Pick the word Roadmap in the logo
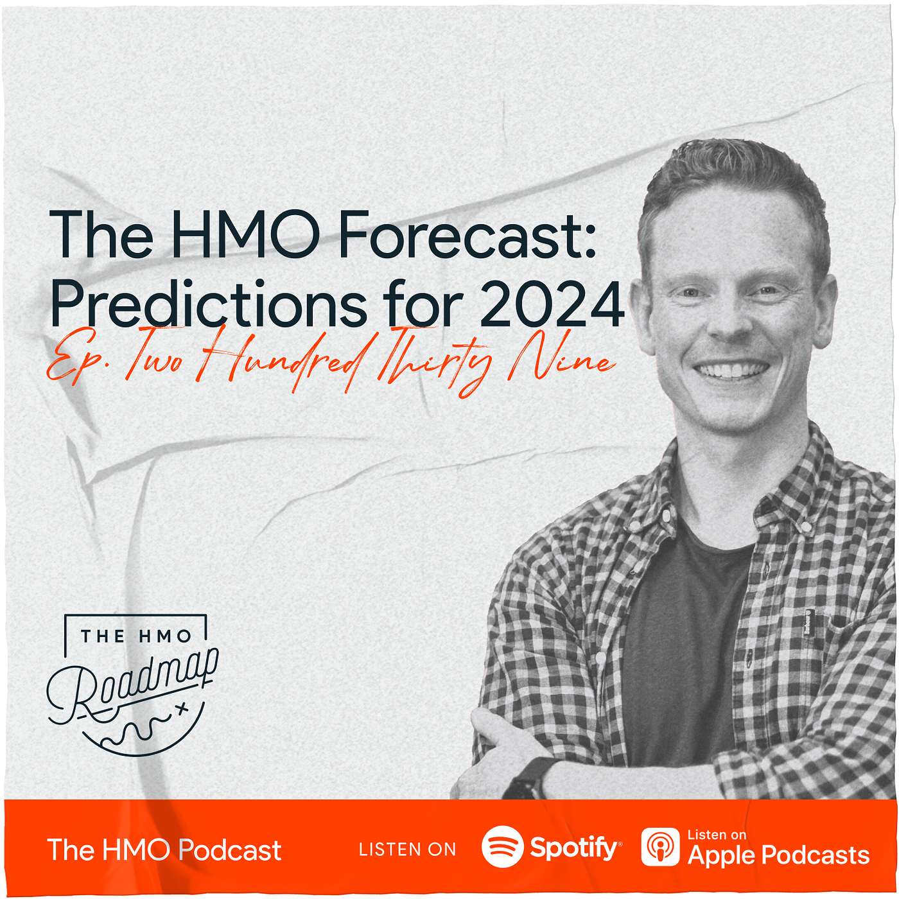tap(132, 682)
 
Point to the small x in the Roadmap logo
tap(182, 709)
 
